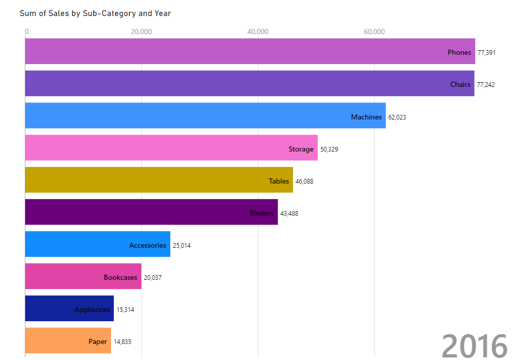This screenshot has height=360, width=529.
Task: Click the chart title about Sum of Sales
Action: click(95, 13)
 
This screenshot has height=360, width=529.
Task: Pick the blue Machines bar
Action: click(205, 115)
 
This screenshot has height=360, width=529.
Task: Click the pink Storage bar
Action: click(171, 148)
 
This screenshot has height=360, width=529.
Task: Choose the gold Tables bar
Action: click(158, 180)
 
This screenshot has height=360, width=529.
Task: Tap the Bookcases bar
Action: click(83, 276)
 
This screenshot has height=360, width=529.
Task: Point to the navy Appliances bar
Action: click(69, 308)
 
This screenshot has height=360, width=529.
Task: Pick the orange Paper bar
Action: click(68, 340)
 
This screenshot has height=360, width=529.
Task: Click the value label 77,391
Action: click(487, 52)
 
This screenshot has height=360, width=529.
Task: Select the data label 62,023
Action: click(397, 117)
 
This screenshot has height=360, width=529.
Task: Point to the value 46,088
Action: click(304, 182)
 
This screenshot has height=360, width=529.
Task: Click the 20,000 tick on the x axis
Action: click(141, 32)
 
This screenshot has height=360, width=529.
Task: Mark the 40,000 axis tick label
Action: click(258, 32)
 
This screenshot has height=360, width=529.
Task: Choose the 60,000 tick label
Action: click(374, 32)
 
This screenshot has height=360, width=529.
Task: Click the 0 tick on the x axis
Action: click(26, 32)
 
